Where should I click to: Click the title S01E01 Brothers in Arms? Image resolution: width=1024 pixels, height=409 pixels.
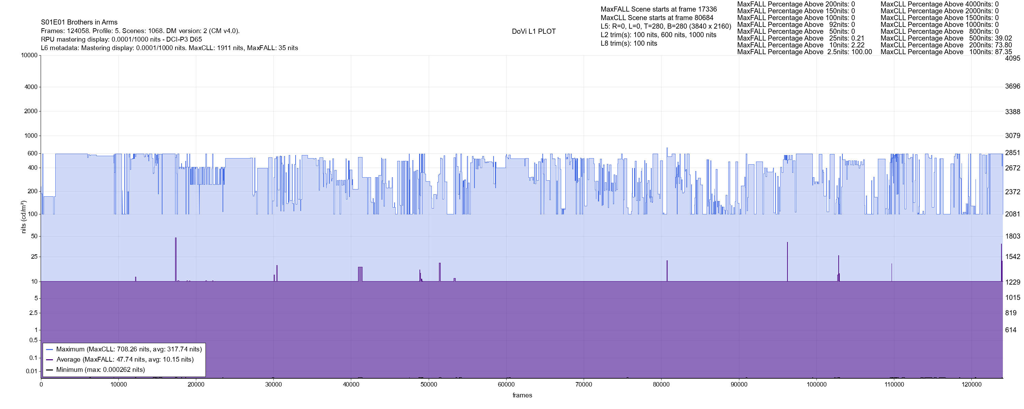[x=79, y=22]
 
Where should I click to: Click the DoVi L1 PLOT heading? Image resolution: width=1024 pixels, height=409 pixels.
[x=534, y=31]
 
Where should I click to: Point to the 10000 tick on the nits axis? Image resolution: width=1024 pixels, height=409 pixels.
[x=29, y=55]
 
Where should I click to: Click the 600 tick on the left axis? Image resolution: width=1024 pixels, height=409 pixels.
[x=32, y=153]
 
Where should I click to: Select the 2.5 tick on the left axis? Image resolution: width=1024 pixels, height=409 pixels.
[x=33, y=313]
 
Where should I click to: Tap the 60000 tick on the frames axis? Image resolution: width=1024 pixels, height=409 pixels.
[x=506, y=384]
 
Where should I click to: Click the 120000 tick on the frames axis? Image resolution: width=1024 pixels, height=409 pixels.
[x=971, y=384]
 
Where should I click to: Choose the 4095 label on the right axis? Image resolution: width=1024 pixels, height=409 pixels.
[x=1012, y=58]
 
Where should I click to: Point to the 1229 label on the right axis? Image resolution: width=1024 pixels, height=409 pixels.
[x=1012, y=282]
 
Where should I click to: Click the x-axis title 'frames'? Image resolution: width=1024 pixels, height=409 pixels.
[x=522, y=395]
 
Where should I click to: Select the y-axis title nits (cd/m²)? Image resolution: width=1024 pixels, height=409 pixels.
[x=24, y=217]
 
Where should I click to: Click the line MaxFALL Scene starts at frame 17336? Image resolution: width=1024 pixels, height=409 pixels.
[x=658, y=9]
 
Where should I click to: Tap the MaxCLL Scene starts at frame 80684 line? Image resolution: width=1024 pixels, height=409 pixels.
[x=657, y=18]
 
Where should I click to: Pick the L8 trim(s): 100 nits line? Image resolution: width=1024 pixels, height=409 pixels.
[x=628, y=43]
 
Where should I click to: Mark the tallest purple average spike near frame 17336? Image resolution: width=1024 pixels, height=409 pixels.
[x=176, y=238]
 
